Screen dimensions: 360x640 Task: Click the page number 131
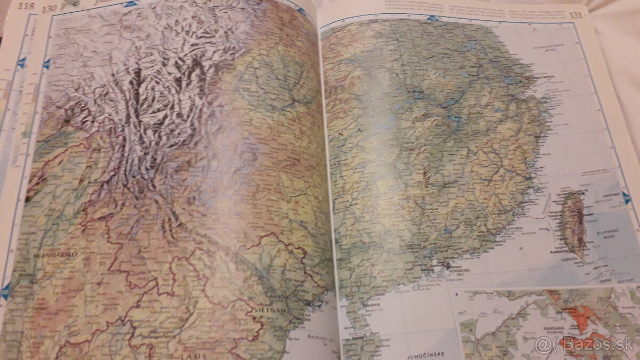[576, 15]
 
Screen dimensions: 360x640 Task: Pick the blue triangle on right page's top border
[435, 20]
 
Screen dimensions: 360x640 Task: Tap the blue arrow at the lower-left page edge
[5, 291]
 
